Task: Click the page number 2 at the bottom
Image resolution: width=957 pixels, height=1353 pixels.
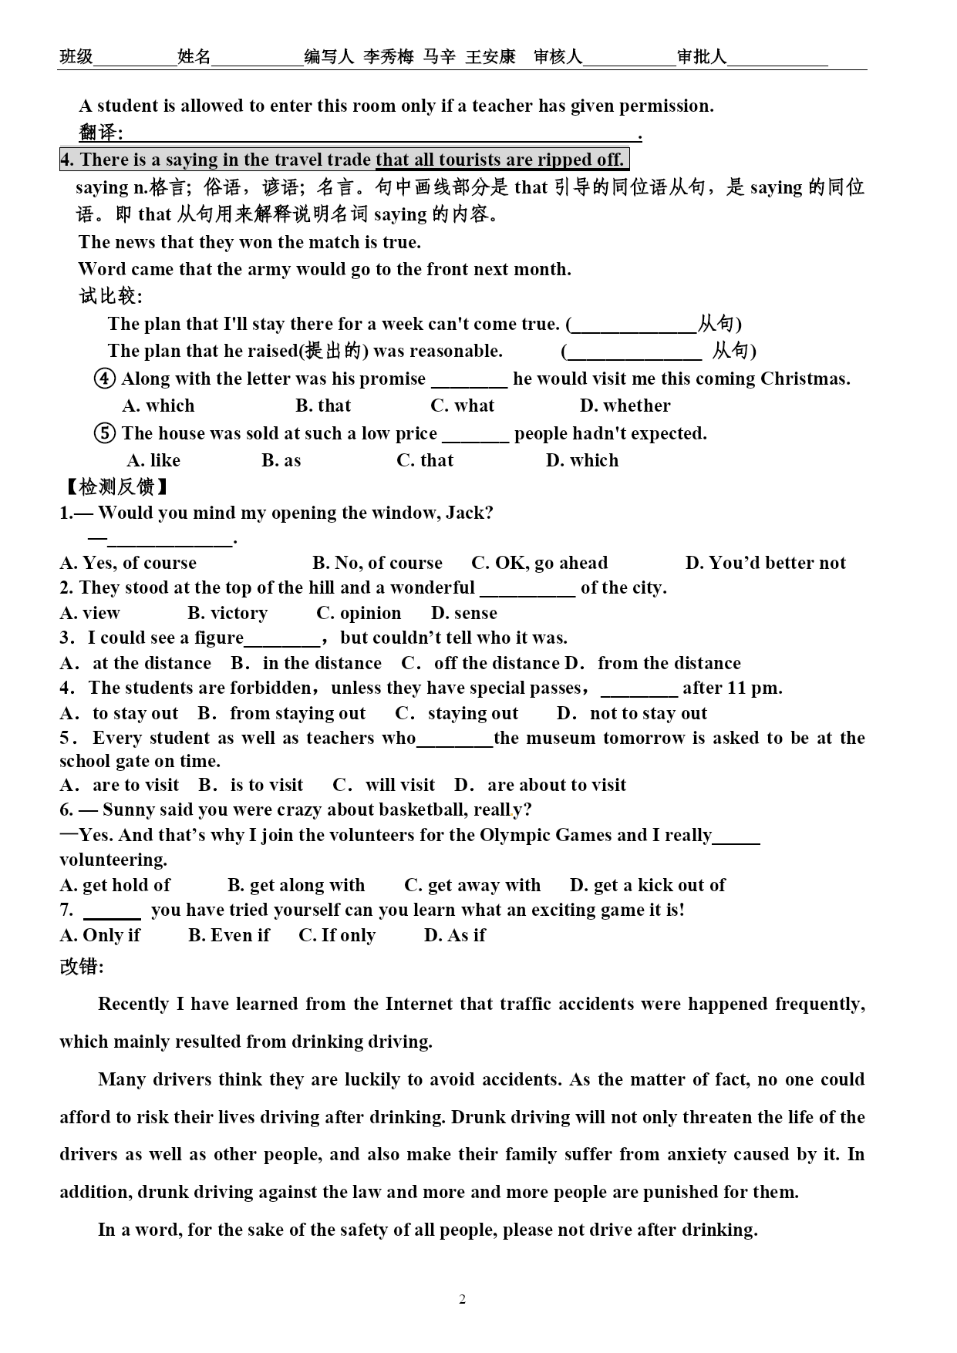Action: coord(462,1300)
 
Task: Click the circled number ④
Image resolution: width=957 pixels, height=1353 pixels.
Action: coord(105,379)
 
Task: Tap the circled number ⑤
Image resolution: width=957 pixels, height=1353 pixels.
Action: coord(105,433)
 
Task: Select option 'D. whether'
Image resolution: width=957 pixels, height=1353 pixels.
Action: coord(625,406)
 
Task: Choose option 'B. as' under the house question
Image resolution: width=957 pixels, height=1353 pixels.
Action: coord(281,460)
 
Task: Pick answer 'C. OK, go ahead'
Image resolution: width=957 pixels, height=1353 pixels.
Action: coord(539,563)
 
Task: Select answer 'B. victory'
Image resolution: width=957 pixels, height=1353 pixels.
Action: coord(227,613)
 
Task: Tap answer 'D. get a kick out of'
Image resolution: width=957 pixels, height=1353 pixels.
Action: coord(647,885)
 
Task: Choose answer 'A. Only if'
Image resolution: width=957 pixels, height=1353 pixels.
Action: coord(99,935)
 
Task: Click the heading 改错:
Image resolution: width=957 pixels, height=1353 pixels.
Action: coord(81,967)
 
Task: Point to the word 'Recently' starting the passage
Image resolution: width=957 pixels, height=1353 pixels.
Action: coord(133,1004)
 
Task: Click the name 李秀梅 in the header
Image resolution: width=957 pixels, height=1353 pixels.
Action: coord(389,56)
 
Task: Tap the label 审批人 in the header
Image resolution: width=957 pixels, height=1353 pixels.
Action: coord(702,56)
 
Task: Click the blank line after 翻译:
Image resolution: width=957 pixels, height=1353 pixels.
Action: coord(382,134)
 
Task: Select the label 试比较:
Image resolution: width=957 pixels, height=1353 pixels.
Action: coord(110,296)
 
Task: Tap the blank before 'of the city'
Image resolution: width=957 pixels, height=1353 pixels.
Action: coord(527,589)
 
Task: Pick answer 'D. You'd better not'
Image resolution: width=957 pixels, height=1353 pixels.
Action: coord(765,563)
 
